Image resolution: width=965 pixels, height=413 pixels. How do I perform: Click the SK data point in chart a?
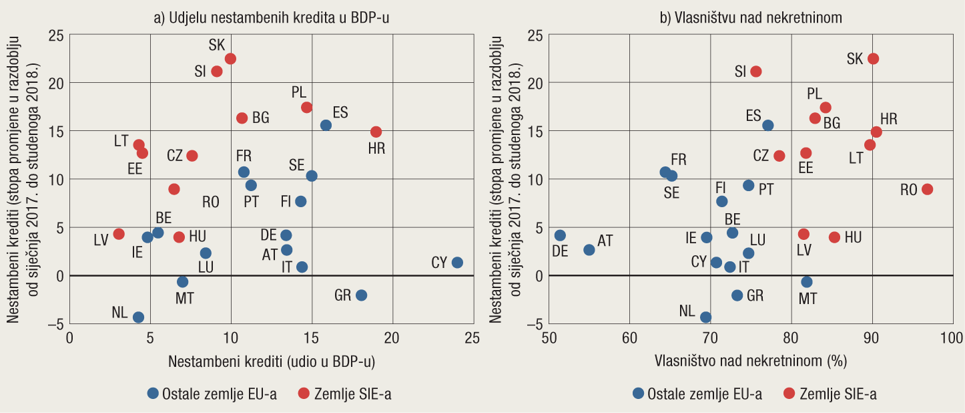click(230, 59)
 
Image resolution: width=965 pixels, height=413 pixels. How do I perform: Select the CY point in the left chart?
click(457, 263)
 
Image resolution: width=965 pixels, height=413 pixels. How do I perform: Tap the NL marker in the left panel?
click(138, 317)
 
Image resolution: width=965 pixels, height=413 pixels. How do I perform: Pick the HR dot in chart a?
click(376, 132)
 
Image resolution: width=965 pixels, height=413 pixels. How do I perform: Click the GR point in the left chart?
click(361, 295)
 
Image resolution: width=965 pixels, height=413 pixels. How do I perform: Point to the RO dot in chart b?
click(927, 189)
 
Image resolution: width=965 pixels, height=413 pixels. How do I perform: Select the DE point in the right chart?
click(560, 235)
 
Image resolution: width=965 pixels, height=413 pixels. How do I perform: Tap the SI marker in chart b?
click(756, 72)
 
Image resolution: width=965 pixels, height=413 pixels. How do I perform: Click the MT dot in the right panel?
click(807, 282)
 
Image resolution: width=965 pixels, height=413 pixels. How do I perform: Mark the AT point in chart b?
click(589, 250)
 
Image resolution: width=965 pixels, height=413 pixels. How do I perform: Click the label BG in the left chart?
click(261, 118)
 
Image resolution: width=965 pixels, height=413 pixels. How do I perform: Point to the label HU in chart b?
click(853, 237)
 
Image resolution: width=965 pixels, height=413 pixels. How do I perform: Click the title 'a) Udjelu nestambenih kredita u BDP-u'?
click(272, 19)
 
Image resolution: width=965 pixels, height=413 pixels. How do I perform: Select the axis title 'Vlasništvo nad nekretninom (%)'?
click(750, 362)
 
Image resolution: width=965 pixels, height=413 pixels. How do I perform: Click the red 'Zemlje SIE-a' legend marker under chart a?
click(304, 394)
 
